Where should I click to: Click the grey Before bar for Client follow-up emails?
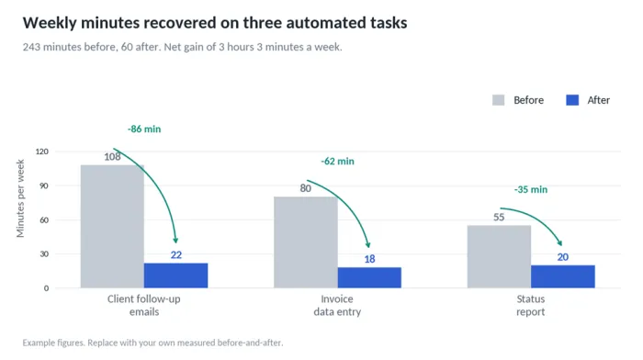pyautogui.click(x=112, y=226)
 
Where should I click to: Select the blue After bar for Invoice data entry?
pyautogui.click(x=369, y=277)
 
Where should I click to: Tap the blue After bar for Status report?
pyautogui.click(x=562, y=276)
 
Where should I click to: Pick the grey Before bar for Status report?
pyautogui.click(x=499, y=256)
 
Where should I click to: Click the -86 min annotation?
pyautogui.click(x=144, y=129)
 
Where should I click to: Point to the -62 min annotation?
pyautogui.click(x=337, y=161)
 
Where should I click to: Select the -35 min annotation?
pyautogui.click(x=531, y=189)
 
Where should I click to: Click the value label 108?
pyautogui.click(x=112, y=157)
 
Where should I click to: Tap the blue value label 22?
pyautogui.click(x=176, y=255)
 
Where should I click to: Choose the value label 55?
pyautogui.click(x=499, y=217)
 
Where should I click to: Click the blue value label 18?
pyautogui.click(x=369, y=259)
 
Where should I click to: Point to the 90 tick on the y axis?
pyautogui.click(x=44, y=186)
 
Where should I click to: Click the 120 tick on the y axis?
pyautogui.click(x=42, y=152)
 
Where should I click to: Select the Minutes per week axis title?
pyautogui.click(x=20, y=198)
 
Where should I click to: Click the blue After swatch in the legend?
pyautogui.click(x=572, y=100)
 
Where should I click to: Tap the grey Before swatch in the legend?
pyautogui.click(x=499, y=100)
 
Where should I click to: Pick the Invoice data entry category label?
pyautogui.click(x=337, y=306)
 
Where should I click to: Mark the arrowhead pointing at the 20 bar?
pyautogui.click(x=559, y=243)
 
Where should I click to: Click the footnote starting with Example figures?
pyautogui.click(x=153, y=343)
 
